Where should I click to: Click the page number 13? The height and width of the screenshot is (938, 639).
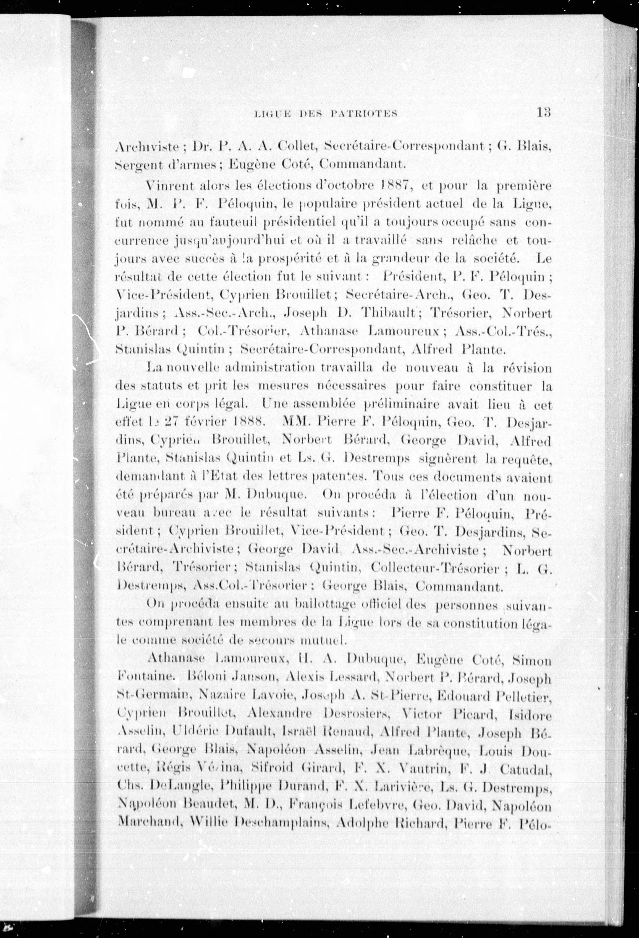544,112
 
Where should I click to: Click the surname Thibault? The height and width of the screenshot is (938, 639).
390,312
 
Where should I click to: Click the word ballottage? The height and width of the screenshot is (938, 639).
330,604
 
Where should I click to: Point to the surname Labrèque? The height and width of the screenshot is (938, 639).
438,750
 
